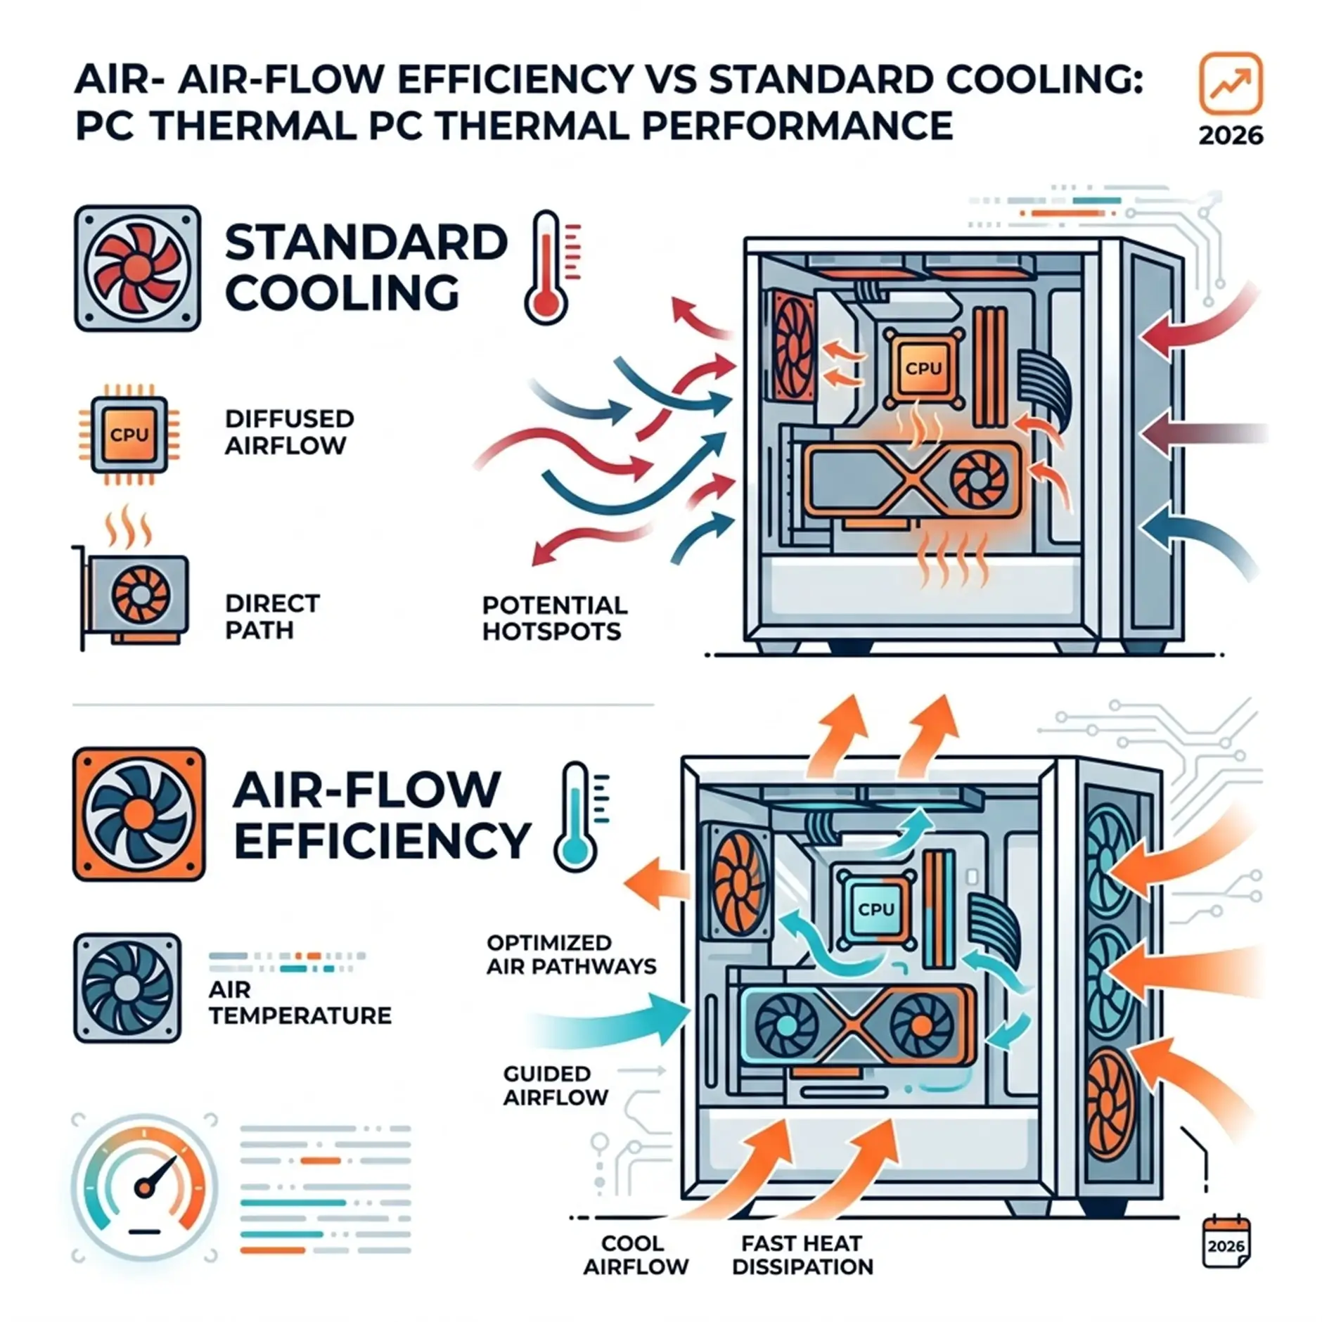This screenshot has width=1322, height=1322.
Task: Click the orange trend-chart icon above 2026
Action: coord(1230,83)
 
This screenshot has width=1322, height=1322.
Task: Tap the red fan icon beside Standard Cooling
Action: coord(137,268)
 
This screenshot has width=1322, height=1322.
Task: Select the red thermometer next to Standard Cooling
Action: coord(549,267)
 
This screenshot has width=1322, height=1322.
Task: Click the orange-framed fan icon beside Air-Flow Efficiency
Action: coord(139,814)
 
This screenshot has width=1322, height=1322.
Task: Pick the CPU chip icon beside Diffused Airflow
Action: coord(129,434)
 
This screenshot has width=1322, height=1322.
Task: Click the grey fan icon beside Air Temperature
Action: coord(127,987)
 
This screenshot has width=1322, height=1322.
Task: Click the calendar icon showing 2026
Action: coord(1226,1243)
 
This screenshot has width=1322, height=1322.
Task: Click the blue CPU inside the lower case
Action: coord(876,909)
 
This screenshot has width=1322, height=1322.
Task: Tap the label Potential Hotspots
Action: coord(554,618)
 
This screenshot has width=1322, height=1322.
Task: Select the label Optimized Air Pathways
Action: coord(571,954)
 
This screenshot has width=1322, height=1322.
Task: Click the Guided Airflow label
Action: coord(556,1085)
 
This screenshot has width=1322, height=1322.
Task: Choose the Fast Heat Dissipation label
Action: coord(802,1254)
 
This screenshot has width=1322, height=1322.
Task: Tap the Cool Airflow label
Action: coord(636,1254)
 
